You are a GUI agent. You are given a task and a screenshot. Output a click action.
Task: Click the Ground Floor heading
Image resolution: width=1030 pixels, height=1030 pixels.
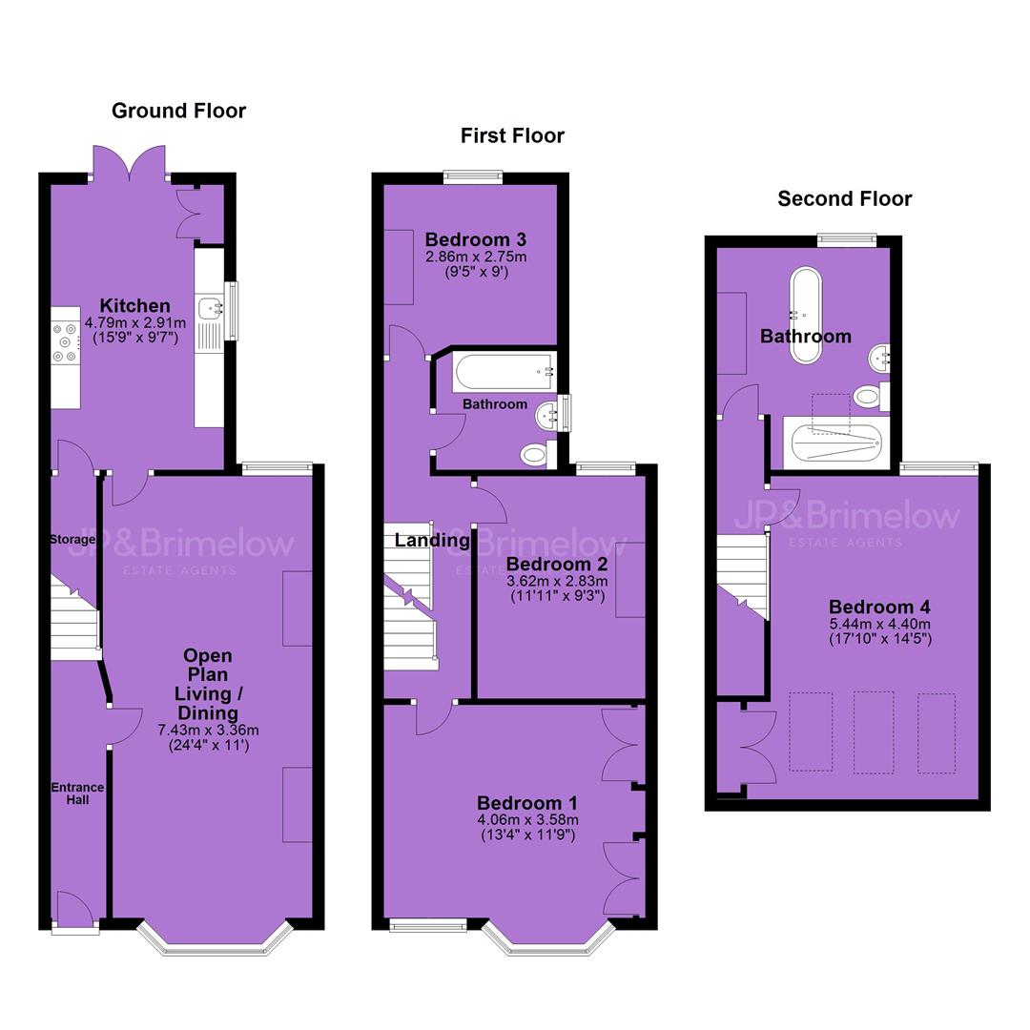(178, 111)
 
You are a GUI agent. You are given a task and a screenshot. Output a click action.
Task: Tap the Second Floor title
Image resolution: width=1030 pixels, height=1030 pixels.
(845, 198)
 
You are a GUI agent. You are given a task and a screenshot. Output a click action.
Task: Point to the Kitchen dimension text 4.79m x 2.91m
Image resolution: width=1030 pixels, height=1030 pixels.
(135, 323)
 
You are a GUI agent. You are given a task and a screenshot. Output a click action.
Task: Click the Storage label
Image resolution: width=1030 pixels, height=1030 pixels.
(72, 539)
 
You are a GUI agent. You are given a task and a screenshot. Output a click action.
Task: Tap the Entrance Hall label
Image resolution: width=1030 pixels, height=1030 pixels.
(77, 793)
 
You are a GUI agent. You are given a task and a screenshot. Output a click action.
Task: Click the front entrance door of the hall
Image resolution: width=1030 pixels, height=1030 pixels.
(75, 909)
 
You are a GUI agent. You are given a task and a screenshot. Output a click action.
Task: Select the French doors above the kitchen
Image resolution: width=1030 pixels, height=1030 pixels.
(129, 161)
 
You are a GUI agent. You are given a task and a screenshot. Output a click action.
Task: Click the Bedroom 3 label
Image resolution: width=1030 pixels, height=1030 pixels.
(476, 239)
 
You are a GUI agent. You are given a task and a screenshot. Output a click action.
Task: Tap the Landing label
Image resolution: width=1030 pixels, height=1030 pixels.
(432, 540)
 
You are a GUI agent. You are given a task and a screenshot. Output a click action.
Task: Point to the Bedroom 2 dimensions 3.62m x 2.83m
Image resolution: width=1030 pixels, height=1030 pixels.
(557, 582)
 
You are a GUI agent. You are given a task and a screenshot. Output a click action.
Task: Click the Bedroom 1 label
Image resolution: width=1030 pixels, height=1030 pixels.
(526, 803)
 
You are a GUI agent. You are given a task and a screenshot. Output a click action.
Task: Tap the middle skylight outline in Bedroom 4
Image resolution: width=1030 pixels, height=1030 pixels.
(873, 731)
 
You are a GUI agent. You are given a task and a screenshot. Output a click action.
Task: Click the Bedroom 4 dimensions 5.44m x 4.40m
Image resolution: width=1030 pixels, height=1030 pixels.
(880, 624)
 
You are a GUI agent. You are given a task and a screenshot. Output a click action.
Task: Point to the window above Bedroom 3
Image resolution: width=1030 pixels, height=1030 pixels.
(473, 176)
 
